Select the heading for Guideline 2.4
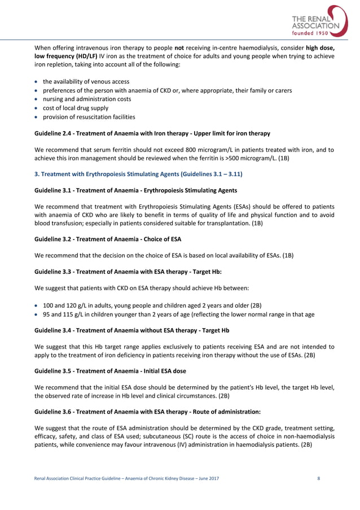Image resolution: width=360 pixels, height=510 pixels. (152, 133)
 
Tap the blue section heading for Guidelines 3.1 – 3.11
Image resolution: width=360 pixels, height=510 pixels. (138, 175)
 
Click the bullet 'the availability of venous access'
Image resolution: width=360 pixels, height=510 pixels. (86, 81)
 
